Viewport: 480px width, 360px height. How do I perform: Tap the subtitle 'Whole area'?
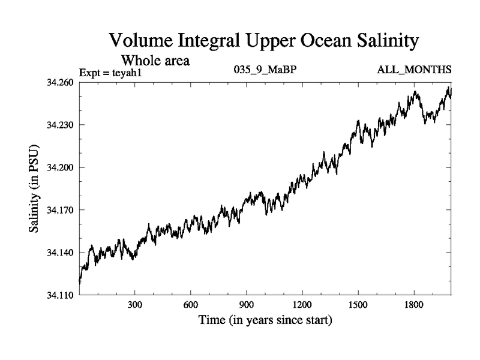tap(155, 60)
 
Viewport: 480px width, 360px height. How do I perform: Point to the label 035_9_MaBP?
tap(265, 70)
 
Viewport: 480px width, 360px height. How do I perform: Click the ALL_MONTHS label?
tap(414, 70)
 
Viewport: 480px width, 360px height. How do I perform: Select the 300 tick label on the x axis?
tap(135, 304)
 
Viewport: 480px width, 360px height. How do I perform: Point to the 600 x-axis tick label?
tap(191, 304)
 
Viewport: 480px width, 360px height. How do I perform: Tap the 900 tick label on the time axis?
tap(247, 304)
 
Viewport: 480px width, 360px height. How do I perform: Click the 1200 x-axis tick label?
tap(302, 304)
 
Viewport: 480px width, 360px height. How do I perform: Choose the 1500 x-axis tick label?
tap(358, 304)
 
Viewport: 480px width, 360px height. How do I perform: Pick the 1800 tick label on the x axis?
tap(413, 304)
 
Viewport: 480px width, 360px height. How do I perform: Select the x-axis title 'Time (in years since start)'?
tap(265, 320)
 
